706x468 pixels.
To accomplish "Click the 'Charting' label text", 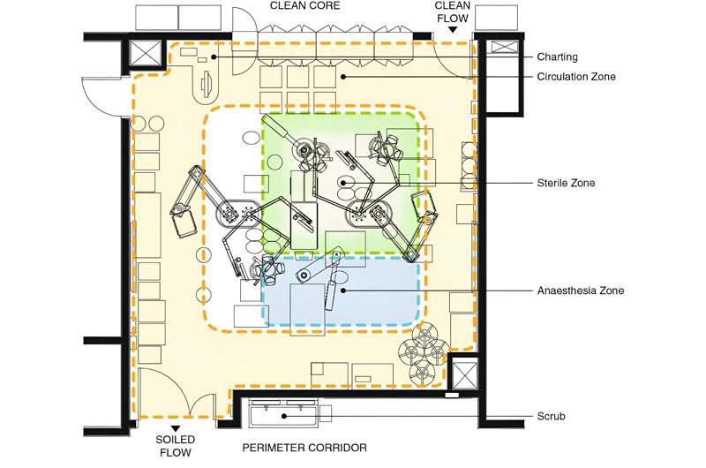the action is [x=557, y=57].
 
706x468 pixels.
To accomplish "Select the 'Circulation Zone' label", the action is [x=576, y=77].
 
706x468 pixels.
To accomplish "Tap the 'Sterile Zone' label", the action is [x=566, y=183].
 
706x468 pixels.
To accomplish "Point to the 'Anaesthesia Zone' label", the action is [x=581, y=291].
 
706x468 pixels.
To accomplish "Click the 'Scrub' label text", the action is [x=551, y=416].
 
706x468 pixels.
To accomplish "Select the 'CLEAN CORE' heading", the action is [x=304, y=6].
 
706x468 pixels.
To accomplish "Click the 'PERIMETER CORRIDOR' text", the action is [x=304, y=448].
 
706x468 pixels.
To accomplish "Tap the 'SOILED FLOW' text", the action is [x=175, y=446].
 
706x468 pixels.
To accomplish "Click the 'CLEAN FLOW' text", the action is [x=453, y=12].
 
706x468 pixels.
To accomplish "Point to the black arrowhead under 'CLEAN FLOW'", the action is [x=453, y=30].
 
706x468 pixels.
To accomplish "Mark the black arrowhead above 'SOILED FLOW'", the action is [x=176, y=429].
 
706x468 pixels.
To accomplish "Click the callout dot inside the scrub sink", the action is [x=284, y=416].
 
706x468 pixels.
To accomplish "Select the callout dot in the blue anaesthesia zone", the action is [x=343, y=291].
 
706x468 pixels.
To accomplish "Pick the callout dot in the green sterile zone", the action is [x=343, y=183].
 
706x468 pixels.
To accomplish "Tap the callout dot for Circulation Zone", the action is [x=343, y=77].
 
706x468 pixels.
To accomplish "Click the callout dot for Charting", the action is [x=214, y=57].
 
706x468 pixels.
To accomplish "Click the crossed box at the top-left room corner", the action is [x=145, y=53].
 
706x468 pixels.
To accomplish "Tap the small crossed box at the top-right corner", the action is [x=505, y=47].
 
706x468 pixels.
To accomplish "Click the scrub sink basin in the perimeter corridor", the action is [x=283, y=412].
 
